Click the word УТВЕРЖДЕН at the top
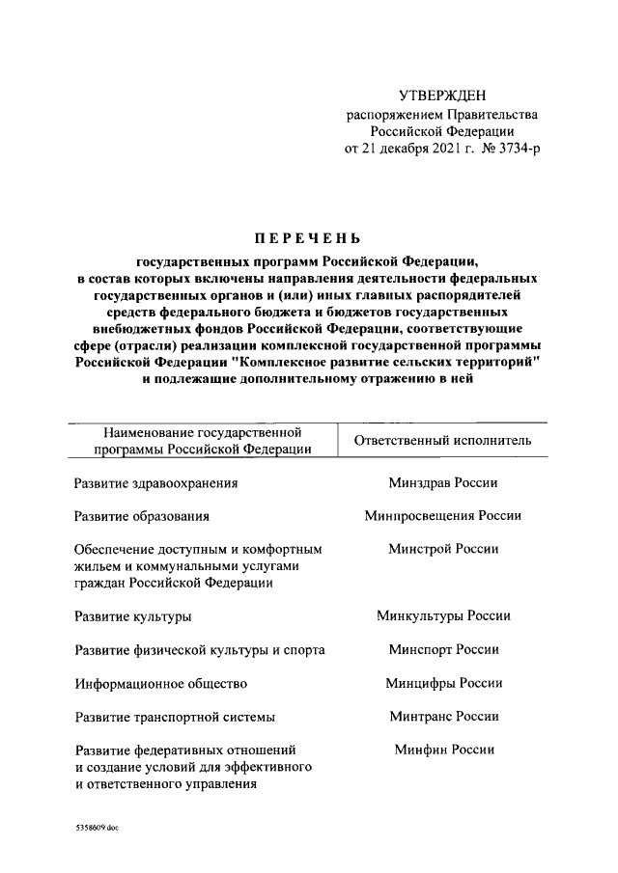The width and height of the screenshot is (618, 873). tap(443, 95)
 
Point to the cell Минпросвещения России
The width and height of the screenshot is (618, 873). tap(443, 515)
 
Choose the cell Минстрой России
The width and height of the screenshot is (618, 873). tap(443, 549)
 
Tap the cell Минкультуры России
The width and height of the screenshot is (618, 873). tap(443, 615)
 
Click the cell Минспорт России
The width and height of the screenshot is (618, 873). tap(443, 649)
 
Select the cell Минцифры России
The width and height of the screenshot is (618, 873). tap(443, 683)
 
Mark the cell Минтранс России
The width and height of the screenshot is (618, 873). tap(443, 717)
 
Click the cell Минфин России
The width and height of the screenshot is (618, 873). tap(443, 750)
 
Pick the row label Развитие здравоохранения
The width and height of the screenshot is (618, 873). tap(155, 483)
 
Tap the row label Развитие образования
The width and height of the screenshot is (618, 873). tap(142, 516)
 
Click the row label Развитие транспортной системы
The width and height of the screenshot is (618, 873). tap(175, 718)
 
